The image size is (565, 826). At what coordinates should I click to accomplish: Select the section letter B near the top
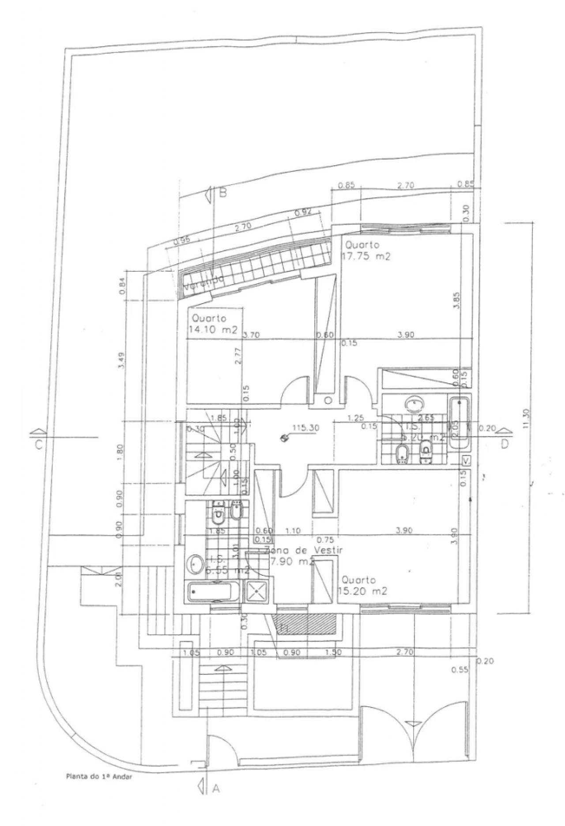tap(223, 193)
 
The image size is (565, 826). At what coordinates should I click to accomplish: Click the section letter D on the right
tap(505, 444)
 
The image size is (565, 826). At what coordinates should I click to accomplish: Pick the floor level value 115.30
tap(305, 428)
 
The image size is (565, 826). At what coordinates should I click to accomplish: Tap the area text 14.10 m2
tap(213, 329)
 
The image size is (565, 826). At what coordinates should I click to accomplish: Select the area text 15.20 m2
tap(362, 591)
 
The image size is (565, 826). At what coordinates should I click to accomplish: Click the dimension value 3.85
tap(457, 301)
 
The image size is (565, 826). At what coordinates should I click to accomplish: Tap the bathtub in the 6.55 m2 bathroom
tap(214, 591)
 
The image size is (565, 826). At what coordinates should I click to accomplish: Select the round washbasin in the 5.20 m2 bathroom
tap(414, 403)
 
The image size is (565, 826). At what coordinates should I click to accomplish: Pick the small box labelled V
tap(466, 461)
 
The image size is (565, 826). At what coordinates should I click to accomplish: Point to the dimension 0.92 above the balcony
tap(304, 212)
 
